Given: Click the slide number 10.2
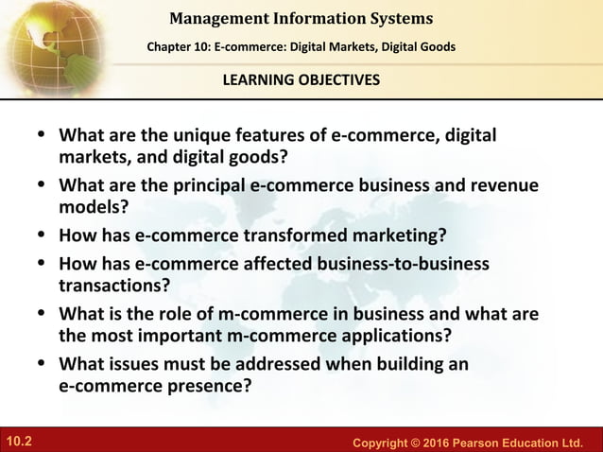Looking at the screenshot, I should [18, 441].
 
